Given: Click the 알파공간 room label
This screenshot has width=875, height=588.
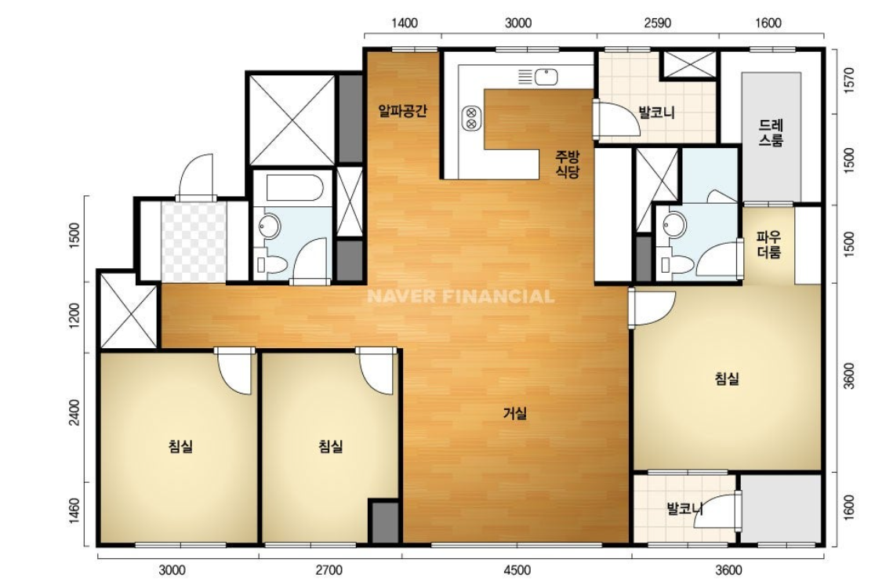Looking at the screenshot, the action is coord(402,111).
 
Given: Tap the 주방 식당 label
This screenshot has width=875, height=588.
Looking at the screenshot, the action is coord(567,164).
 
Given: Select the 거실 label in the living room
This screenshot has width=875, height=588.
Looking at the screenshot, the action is coord(515,413).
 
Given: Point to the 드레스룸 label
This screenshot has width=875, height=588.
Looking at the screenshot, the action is coord(771,132).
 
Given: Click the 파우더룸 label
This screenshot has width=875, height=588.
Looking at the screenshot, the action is coord(769,245).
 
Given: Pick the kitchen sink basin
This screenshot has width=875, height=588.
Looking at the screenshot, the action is coord(546,76).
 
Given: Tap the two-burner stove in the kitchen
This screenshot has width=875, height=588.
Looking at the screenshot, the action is coord(471,118).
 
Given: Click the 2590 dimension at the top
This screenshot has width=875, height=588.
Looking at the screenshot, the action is coord(657,23).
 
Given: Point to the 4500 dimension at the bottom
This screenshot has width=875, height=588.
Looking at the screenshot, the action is coord(517,570).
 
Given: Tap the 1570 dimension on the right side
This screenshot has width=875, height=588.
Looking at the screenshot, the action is coord(849,81).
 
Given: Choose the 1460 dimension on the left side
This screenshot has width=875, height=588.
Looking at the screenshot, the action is coord(74,512).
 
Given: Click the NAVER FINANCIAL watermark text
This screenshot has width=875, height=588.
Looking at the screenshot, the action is coord(461,296).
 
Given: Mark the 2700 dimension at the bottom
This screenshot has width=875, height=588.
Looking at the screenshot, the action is coord(329,570).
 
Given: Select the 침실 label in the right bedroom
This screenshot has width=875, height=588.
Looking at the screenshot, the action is coord(727,379).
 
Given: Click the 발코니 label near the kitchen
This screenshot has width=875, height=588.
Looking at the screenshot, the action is coord(656,112).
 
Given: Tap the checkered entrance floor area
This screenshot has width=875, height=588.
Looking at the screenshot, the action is coord(194,241).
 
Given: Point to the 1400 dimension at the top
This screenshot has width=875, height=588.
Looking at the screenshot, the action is coord(404,23).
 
